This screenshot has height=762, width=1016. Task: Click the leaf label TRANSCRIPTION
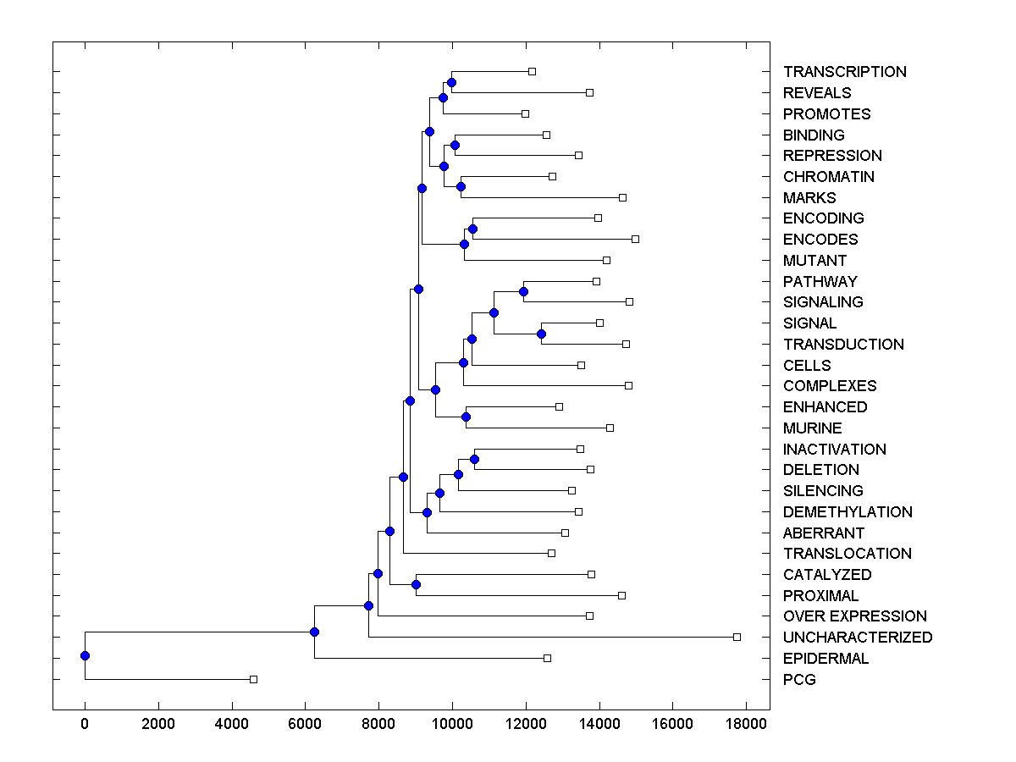844,72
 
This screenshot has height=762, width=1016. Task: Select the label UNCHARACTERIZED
857,638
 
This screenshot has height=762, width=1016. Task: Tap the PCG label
799,680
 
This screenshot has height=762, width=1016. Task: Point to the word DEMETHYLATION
847,512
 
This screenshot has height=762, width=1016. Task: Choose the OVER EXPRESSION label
854,616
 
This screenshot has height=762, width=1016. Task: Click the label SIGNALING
823,302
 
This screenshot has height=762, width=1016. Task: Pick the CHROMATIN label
828,177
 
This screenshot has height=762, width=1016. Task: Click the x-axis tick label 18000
746,725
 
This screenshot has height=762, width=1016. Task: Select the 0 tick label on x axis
85,725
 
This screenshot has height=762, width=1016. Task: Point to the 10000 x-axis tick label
452,725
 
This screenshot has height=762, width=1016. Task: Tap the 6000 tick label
306,725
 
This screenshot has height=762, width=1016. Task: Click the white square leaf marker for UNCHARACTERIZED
737,637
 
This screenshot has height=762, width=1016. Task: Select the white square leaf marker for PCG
253,679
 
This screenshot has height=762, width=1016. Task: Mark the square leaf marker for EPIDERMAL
547,658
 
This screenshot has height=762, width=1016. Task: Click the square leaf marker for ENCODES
635,239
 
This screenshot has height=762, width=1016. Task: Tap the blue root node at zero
85,655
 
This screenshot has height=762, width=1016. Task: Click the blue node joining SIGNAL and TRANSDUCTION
541,334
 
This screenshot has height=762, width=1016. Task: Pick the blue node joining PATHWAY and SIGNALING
523,291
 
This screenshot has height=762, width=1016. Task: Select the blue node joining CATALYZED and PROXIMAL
416,584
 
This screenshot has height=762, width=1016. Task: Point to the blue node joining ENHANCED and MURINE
466,417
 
